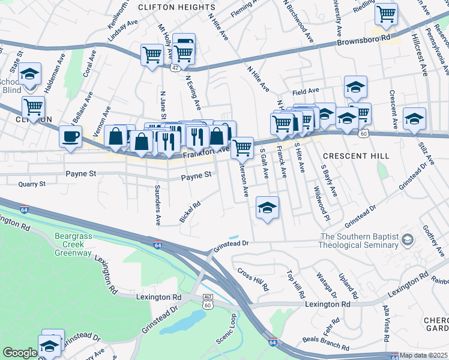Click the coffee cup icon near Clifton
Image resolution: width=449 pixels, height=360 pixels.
coord(70,136)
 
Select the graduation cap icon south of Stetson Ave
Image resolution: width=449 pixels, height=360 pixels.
coord(267,208)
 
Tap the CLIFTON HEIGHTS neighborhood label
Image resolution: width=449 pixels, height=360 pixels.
coord(168,7)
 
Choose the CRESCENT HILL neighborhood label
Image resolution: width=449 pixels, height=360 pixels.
coord(356,156)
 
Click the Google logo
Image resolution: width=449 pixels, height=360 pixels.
coord(20,353)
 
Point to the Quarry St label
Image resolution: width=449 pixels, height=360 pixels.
coord(32,184)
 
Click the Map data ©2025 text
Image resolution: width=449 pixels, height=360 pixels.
coord(423,355)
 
